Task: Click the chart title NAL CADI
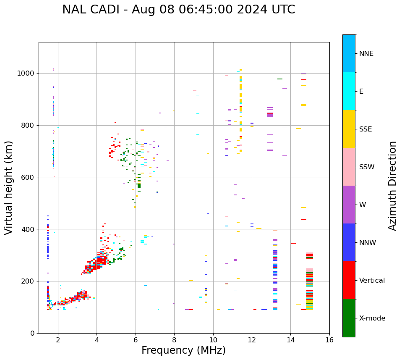coord(178,10)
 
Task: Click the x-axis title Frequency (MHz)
coord(183,350)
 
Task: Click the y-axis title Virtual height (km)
coord(9,188)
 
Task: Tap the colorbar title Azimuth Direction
coord(392,186)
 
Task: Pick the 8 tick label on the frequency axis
coord(174,339)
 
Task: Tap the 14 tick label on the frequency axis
coord(291,339)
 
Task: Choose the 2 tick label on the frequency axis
coord(58,339)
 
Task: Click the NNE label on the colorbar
coord(366,54)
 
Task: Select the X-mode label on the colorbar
coord(372,318)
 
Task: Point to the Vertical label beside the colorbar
coord(373,281)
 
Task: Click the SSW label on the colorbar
coord(367,167)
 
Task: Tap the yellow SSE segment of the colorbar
coord(349,129)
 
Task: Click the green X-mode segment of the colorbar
coord(349,318)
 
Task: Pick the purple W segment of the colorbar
coord(349,205)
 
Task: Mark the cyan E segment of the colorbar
coord(349,91)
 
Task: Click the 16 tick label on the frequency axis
coord(329,339)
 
